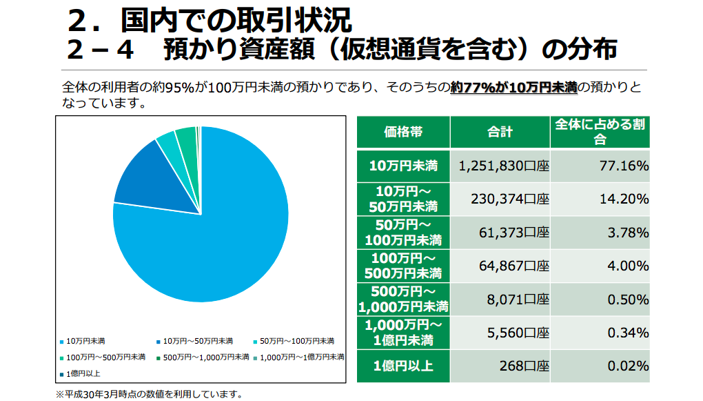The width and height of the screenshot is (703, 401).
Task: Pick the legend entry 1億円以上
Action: point(80,373)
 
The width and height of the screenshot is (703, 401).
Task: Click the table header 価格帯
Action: point(403,132)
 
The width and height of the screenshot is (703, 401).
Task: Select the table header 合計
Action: point(500,132)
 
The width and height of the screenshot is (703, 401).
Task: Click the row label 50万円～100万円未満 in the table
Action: point(403,233)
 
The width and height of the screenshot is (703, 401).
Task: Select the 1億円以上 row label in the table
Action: point(403,366)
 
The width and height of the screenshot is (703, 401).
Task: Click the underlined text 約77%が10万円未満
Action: point(513,88)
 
